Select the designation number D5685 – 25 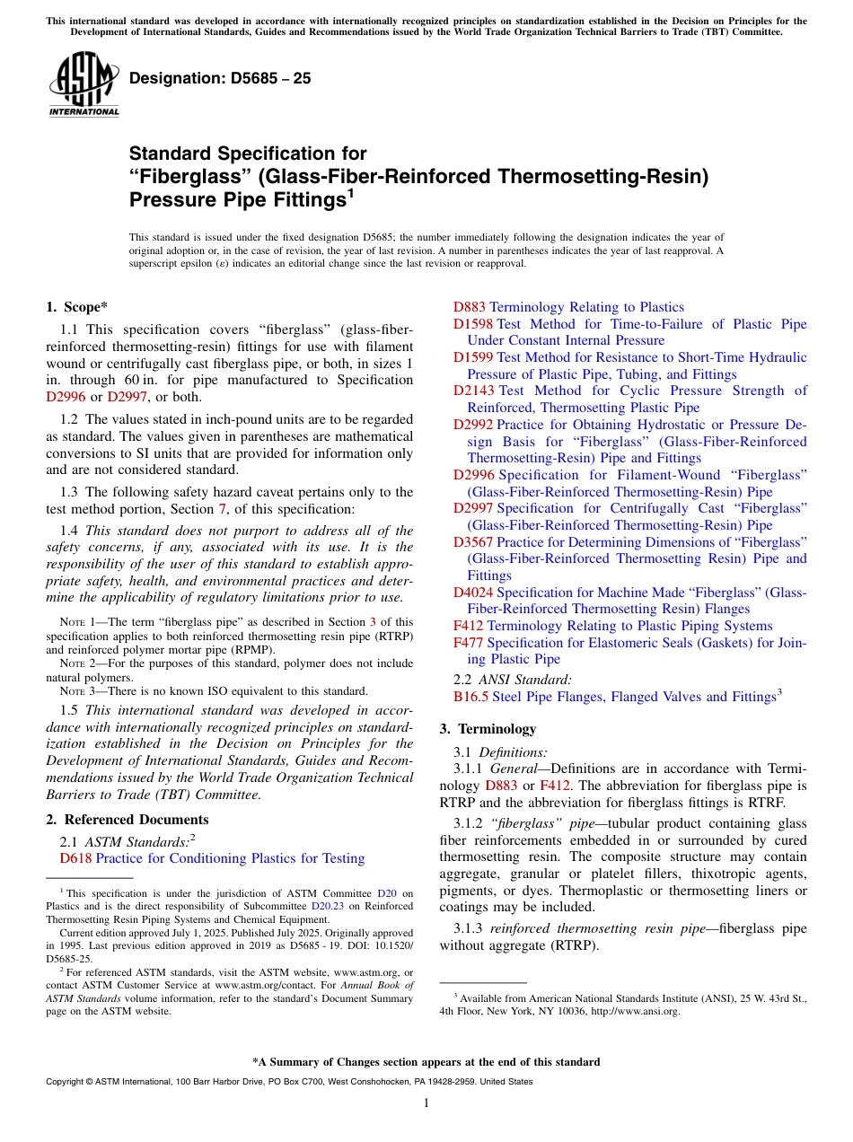(220, 78)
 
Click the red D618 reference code (75, 858)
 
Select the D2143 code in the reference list (474, 391)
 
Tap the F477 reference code (468, 642)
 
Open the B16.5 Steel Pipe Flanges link (617, 697)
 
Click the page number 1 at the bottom (426, 1102)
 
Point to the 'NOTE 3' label (72, 690)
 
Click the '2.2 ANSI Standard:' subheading (512, 680)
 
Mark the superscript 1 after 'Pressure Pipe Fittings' (350, 192)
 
